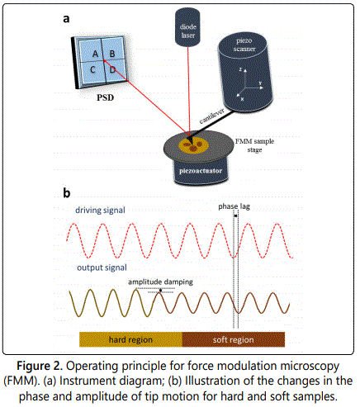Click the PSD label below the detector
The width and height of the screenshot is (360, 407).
[105, 97]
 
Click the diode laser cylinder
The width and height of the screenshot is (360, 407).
[187, 26]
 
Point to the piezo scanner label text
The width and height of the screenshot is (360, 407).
[244, 45]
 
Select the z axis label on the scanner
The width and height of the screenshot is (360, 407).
[240, 69]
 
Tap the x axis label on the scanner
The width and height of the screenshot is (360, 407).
[242, 99]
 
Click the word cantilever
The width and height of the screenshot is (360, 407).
[211, 116]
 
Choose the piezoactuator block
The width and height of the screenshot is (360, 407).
[201, 171]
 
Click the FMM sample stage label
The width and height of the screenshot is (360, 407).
[254, 145]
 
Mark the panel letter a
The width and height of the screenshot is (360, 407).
[66, 19]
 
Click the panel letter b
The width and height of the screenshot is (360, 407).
[66, 192]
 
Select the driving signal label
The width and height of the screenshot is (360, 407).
[100, 211]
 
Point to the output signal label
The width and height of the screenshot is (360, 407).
[102, 267]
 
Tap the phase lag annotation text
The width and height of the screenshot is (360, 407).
[234, 206]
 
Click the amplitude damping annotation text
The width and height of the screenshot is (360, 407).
[160, 282]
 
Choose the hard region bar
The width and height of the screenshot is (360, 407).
[130, 339]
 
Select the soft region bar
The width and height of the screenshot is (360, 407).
[234, 339]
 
